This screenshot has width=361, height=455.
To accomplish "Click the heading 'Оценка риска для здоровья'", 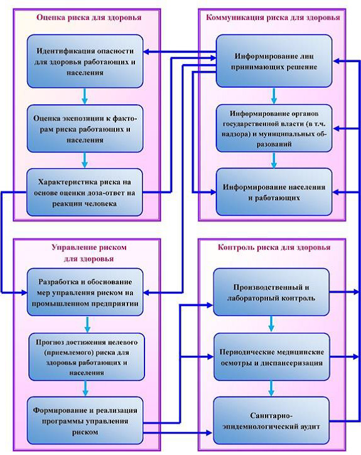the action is [89, 18].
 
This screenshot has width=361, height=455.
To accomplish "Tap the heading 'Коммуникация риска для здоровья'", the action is [272, 18].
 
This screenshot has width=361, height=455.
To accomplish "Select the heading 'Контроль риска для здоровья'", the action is [274, 247].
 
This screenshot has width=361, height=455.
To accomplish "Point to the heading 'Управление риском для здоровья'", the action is [89, 253].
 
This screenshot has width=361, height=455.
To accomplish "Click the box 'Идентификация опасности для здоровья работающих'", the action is [85, 62].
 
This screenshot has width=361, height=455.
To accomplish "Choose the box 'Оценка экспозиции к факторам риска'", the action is [85, 129].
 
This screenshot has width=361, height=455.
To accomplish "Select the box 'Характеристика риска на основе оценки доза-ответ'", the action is [85, 193].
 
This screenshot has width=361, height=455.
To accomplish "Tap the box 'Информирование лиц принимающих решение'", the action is [274, 61].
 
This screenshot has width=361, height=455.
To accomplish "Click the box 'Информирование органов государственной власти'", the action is [274, 128].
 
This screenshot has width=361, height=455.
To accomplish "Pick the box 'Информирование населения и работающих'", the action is [274, 192].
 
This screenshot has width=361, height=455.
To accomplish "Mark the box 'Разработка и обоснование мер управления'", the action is [85, 292].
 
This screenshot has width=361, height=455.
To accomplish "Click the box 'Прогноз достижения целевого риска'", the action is [87, 357].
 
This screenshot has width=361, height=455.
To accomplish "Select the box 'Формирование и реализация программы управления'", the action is [85, 420].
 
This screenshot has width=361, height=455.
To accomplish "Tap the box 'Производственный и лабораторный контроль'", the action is [271, 292].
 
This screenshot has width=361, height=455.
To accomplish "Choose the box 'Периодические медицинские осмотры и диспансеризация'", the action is [272, 357].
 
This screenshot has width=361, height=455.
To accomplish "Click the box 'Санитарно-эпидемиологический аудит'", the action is [271, 420].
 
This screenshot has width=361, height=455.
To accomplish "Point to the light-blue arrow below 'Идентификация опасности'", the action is [85, 96].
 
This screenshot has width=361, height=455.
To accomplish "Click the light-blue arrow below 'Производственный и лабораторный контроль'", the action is [271, 324].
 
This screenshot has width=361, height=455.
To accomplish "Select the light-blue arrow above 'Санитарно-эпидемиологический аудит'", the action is [271, 388].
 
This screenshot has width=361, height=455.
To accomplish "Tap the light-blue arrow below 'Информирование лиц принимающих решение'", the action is [274, 96].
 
